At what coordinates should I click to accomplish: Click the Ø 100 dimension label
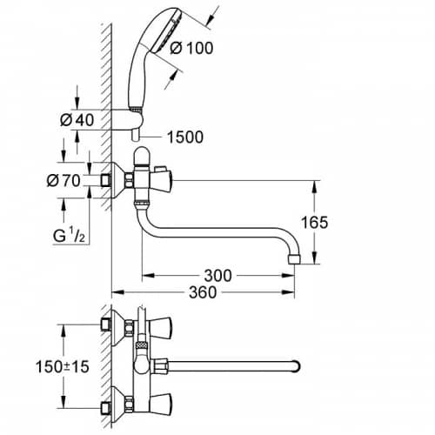tap(191, 48)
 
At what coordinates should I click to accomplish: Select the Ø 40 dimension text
tap(77, 120)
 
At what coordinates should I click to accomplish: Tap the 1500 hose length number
tap(185, 137)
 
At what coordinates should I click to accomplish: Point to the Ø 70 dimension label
tap(64, 181)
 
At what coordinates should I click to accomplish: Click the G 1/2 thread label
tap(69, 235)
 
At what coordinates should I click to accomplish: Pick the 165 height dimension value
tap(314, 223)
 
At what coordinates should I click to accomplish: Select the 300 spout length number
tap(218, 276)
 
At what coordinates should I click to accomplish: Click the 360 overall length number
tap(203, 292)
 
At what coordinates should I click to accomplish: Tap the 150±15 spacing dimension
tap(63, 366)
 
